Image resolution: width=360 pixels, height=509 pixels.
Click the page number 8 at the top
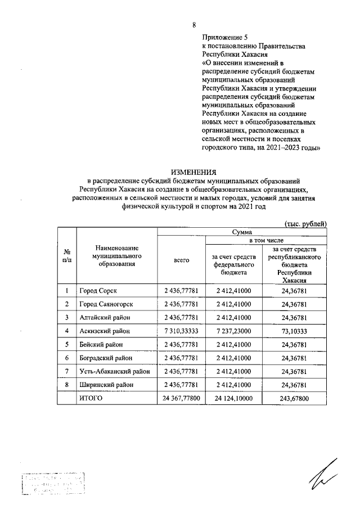click(194, 25)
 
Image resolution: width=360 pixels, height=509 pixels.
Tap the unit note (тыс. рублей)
click(305, 224)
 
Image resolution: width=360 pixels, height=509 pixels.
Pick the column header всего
click(181, 260)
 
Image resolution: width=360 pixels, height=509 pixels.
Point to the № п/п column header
click(67, 256)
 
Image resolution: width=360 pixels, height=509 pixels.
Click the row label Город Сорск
click(98, 291)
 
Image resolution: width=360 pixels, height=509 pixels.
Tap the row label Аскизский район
click(106, 331)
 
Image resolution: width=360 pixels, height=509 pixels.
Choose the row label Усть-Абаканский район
click(115, 371)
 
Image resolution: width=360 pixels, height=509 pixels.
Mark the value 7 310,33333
click(181, 331)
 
